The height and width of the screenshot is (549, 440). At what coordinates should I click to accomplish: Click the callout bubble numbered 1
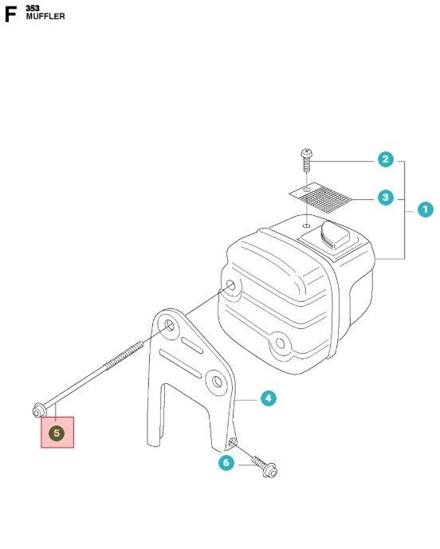point(426,210)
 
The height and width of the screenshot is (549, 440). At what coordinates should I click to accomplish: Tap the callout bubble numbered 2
point(386,159)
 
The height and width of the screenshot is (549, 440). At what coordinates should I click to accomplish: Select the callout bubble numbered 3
point(386,198)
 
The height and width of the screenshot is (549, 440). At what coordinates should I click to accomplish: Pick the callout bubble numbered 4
point(269,398)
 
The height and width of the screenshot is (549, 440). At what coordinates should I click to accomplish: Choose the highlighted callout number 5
point(57,433)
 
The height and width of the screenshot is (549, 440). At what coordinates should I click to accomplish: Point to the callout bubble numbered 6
point(226,462)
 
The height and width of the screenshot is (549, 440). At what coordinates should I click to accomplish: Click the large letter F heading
point(10,14)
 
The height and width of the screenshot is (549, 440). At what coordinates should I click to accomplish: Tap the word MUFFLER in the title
point(45,17)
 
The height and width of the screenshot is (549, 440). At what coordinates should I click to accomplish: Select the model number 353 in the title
point(33,8)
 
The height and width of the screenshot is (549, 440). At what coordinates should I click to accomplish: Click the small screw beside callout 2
point(307,160)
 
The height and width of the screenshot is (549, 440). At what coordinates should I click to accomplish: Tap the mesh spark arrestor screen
point(320,198)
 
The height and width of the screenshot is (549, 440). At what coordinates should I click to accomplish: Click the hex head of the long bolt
point(37,410)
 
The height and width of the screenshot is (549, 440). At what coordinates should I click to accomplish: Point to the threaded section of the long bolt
point(124,355)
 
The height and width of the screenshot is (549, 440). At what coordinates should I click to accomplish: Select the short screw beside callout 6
point(265,466)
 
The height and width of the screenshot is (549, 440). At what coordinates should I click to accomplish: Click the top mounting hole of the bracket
point(169,325)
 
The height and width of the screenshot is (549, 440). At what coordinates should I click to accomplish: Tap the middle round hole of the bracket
point(217,381)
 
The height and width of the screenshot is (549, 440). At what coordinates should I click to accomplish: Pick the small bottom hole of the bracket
point(232,442)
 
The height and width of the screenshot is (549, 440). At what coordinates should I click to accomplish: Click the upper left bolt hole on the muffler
point(231,284)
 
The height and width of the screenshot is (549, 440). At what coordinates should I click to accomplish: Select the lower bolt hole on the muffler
point(280,343)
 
